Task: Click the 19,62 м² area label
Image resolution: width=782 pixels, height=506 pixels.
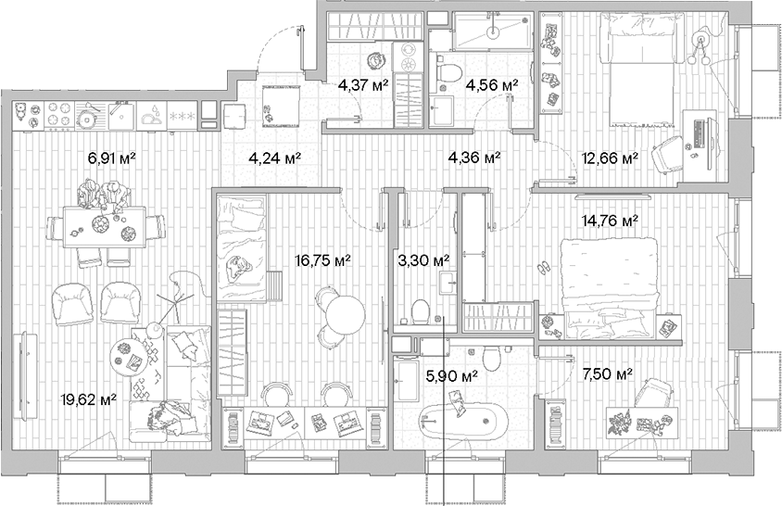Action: click(90, 399)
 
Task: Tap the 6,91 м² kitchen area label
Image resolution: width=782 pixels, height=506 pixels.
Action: click(111, 158)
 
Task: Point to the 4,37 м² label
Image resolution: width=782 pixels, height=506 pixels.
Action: click(362, 85)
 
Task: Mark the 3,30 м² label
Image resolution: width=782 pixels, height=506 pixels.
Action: click(422, 260)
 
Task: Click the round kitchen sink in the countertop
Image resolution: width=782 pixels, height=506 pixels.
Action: click(88, 117)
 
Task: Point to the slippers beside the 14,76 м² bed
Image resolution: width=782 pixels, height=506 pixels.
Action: click(546, 268)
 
